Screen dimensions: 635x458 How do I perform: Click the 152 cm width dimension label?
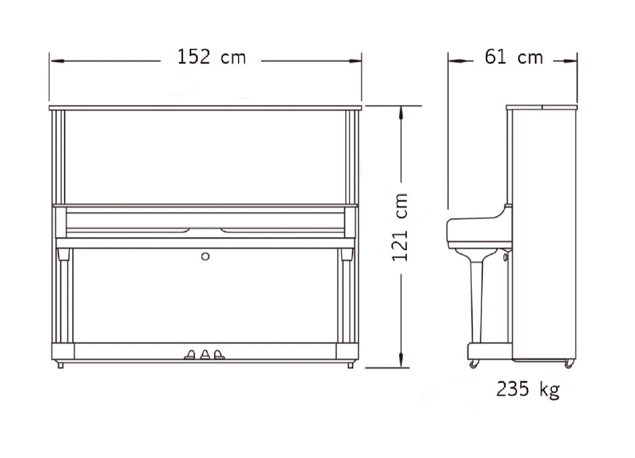pyautogui.click(x=211, y=57)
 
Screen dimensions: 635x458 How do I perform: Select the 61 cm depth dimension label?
pyautogui.click(x=513, y=57)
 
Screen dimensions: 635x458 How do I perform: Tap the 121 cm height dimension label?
pyautogui.click(x=400, y=227)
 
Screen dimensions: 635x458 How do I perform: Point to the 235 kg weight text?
pyautogui.click(x=528, y=390)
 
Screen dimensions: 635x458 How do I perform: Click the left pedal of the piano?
pyautogui.click(x=189, y=355)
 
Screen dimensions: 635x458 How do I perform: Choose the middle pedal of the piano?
pyautogui.click(x=205, y=355)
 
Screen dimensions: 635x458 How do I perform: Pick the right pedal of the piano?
pyautogui.click(x=219, y=355)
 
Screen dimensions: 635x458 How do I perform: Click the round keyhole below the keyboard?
pyautogui.click(x=205, y=256)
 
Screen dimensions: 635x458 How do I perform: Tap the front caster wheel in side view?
pyautogui.click(x=473, y=364)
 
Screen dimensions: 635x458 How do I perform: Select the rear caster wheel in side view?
pyautogui.click(x=569, y=364)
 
